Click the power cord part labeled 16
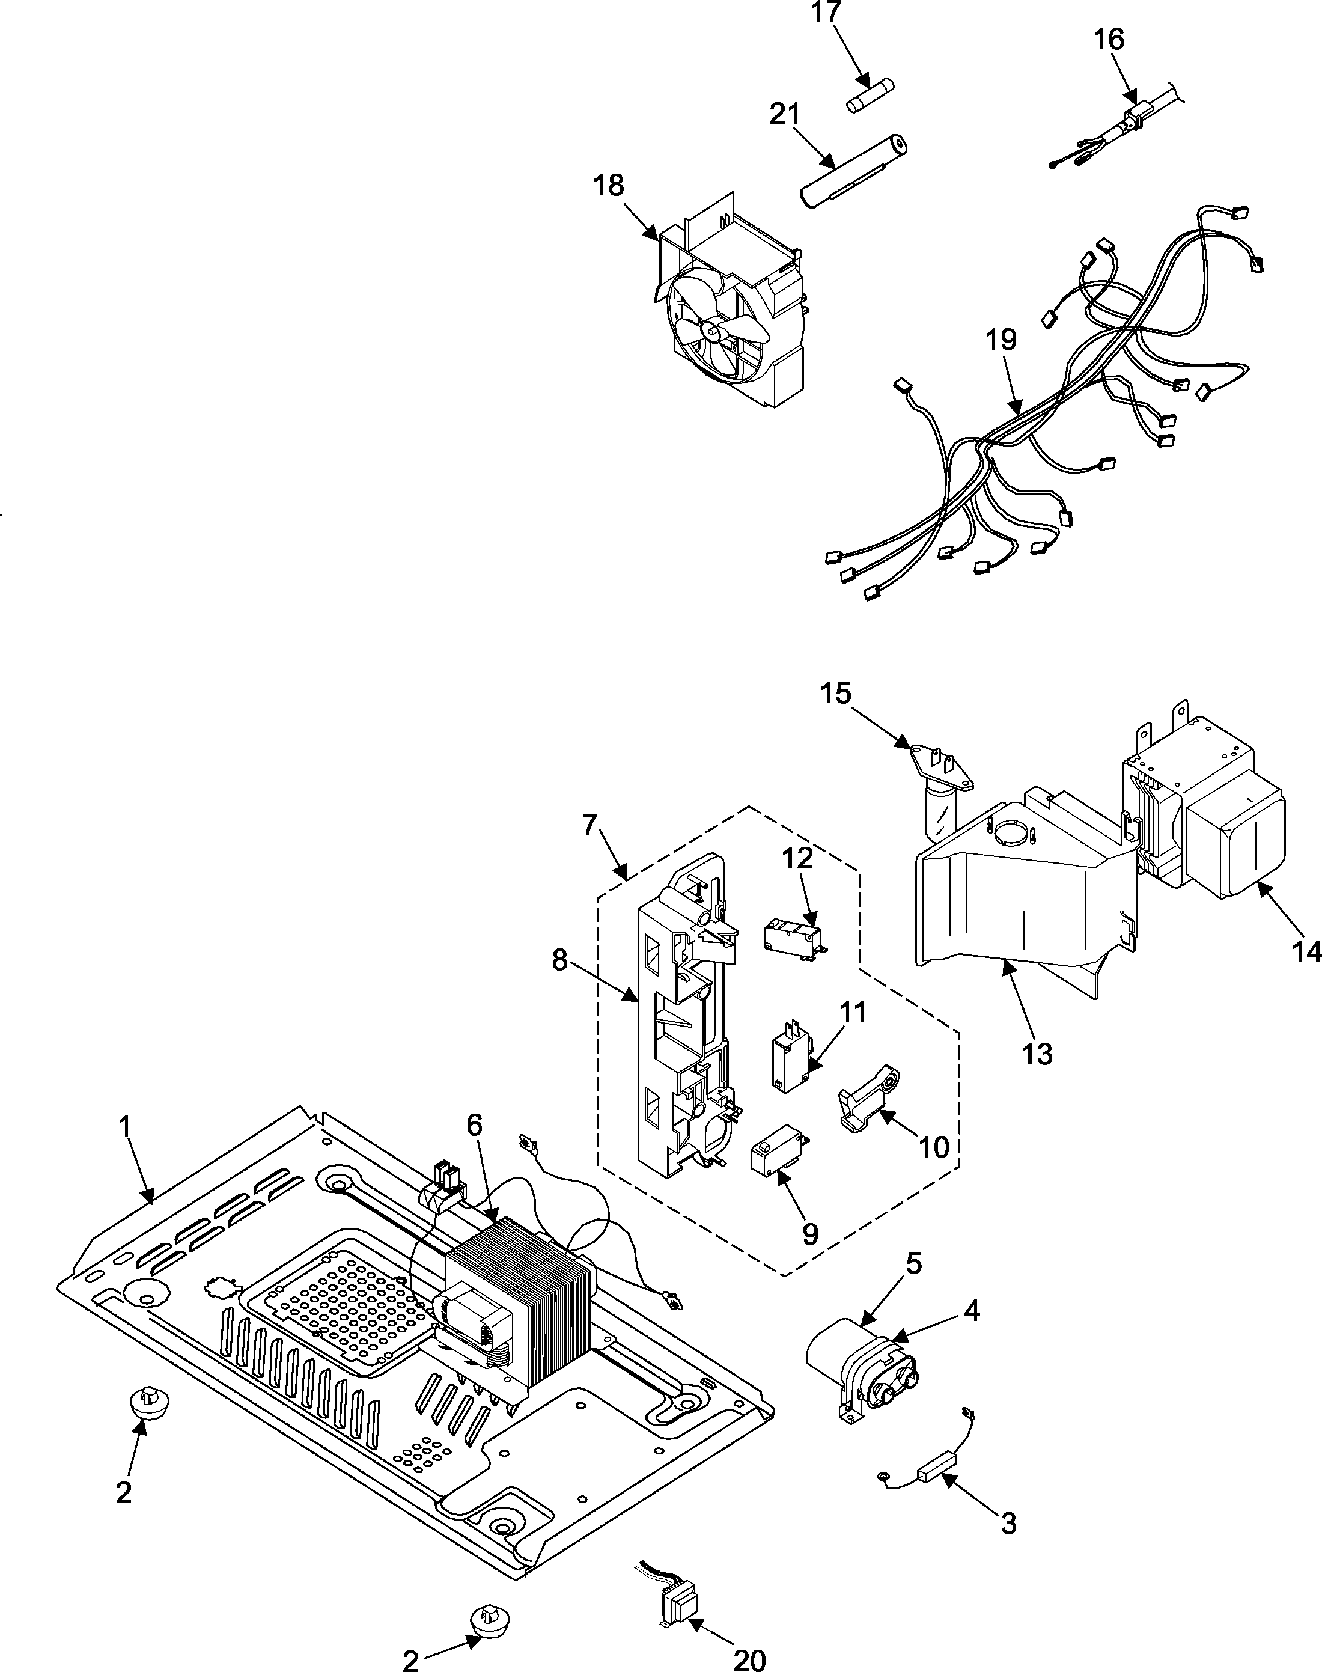1131,121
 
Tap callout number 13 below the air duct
1037,1054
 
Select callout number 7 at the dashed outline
589,826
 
